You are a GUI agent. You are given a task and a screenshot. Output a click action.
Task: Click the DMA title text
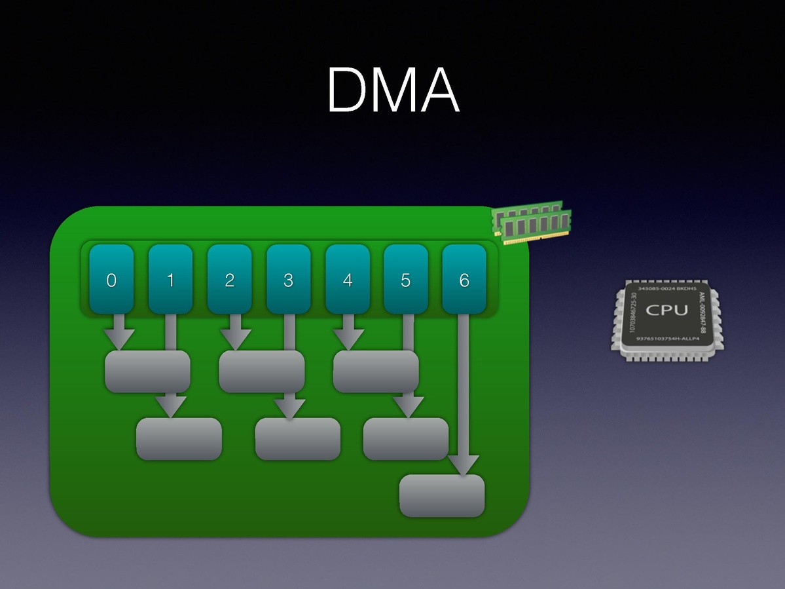393,90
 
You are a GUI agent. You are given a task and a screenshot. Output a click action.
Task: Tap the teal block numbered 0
111,279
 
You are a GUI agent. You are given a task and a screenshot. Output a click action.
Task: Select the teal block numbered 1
170,279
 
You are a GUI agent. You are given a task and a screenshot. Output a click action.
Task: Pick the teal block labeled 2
229,279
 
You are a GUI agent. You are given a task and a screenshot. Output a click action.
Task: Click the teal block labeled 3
288,279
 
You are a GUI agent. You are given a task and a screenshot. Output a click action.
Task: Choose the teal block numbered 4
347,279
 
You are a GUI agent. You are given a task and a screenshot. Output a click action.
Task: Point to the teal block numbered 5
406,279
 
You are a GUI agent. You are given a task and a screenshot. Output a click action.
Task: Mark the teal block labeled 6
464,279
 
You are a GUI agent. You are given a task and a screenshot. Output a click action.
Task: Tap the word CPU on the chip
666,311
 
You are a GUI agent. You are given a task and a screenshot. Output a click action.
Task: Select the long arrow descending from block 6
464,393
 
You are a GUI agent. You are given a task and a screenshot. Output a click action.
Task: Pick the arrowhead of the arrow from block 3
289,408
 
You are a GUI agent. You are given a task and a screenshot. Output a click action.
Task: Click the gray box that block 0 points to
147,371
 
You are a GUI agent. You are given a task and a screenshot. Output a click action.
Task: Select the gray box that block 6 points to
442,496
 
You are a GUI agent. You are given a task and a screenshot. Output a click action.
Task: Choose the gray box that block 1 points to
179,439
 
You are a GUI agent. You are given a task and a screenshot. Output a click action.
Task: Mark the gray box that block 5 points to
406,439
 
